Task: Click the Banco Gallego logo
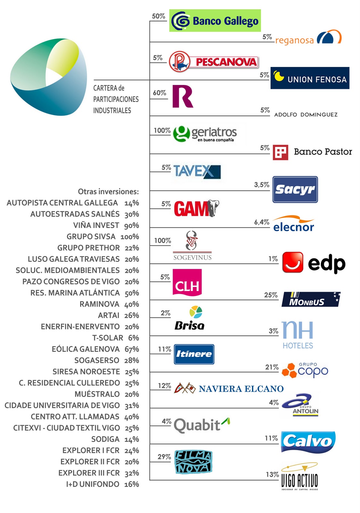(x=215, y=21)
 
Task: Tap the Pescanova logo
(x=213, y=62)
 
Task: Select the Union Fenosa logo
(x=310, y=78)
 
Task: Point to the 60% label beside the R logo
(x=159, y=93)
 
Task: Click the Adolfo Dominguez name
(x=306, y=114)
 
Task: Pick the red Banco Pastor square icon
(x=280, y=152)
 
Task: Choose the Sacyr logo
(x=295, y=189)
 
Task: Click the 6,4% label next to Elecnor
(x=262, y=222)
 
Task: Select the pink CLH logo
(x=187, y=282)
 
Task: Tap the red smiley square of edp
(x=292, y=262)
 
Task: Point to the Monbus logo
(x=310, y=299)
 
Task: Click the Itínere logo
(x=194, y=354)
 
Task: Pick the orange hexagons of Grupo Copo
(x=289, y=370)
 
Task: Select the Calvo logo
(x=308, y=442)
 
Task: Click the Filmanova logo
(x=193, y=462)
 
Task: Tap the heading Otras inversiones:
(x=108, y=192)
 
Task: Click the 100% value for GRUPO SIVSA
(x=130, y=237)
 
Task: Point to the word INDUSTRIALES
(x=112, y=111)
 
